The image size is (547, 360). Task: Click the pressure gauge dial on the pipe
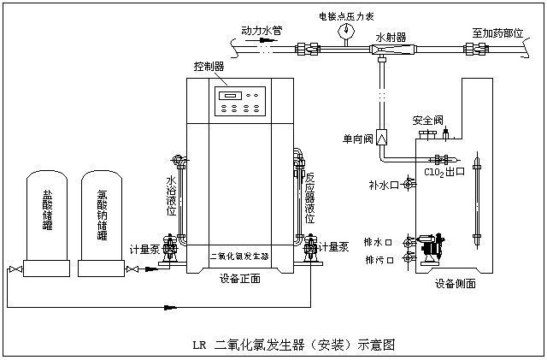tap(347, 30)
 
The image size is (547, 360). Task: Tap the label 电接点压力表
tap(347, 14)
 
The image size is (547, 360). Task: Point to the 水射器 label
tap(391, 37)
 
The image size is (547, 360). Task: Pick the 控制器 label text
tap(209, 66)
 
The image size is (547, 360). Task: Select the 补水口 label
tap(384, 184)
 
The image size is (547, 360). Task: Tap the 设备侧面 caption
tap(455, 283)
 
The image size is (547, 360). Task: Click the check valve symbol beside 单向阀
tap(382, 137)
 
